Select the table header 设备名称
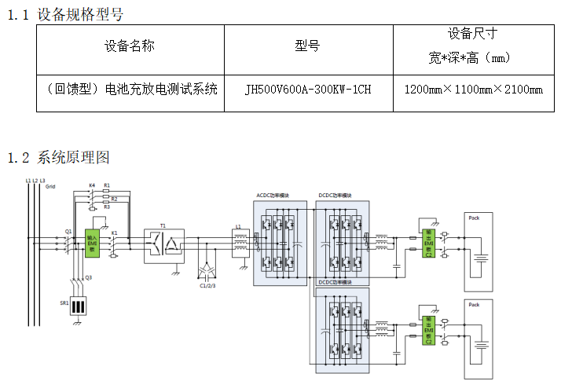[x=130, y=46]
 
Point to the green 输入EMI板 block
[x=92, y=243]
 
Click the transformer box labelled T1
[x=163, y=245]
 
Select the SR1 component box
[x=78, y=306]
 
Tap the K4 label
[x=92, y=185]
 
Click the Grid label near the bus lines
[x=51, y=187]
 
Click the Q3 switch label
[x=88, y=277]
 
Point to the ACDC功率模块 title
[x=272, y=195]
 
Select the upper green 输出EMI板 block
[x=428, y=243]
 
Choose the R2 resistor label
[x=114, y=199]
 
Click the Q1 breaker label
[x=68, y=232]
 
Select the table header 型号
[x=307, y=46]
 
